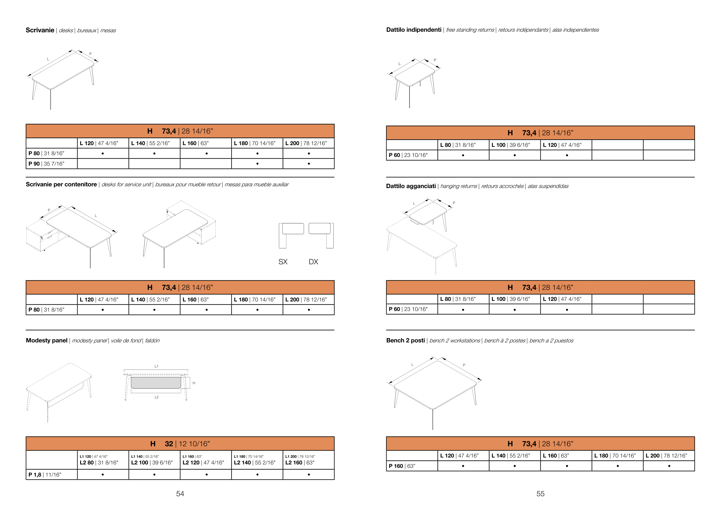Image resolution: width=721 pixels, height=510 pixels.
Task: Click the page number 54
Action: (180, 494)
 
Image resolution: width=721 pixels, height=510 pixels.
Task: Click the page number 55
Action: (540, 494)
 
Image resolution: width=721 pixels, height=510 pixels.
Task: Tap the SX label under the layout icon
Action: (283, 262)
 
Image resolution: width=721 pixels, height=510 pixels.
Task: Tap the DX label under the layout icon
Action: (313, 262)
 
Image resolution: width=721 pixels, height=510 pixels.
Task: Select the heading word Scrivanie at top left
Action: (40, 30)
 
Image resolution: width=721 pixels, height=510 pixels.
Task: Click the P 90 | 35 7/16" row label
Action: (46, 164)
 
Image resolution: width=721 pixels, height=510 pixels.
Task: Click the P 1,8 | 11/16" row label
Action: (45, 475)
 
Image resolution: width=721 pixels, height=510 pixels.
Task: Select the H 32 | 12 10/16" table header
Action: (180, 444)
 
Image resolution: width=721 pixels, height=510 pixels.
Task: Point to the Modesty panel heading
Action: (46, 340)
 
